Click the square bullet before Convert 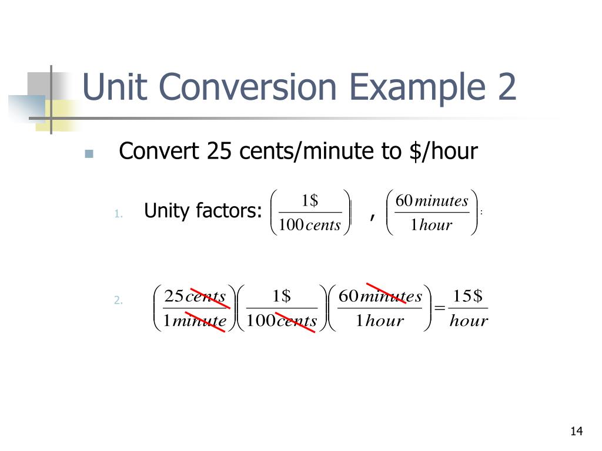(89, 154)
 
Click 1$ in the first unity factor (309, 201)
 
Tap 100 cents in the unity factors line (310, 225)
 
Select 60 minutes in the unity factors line (432, 201)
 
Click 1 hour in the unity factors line (432, 225)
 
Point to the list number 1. (118, 214)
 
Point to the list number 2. (118, 301)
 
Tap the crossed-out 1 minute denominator (195, 321)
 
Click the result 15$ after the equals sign (468, 296)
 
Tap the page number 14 (576, 432)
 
